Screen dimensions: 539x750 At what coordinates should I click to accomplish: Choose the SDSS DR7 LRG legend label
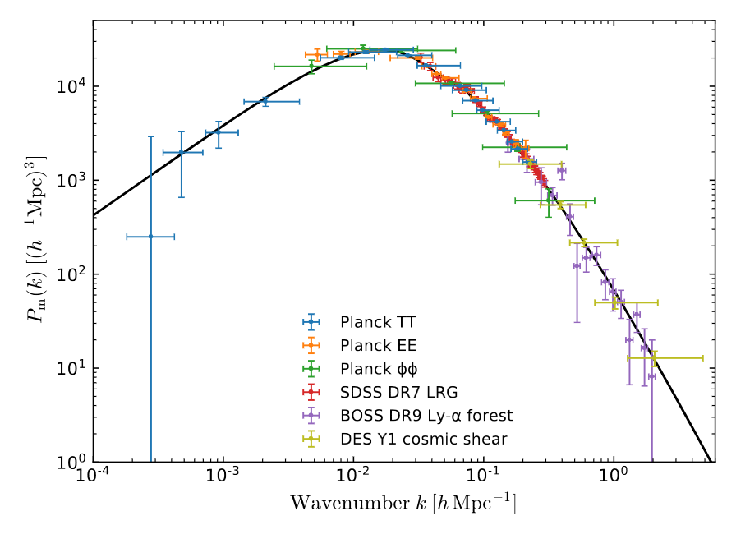click(388, 393)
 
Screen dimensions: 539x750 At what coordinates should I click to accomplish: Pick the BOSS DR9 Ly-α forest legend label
click(426, 417)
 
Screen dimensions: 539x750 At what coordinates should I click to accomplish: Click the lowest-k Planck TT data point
click(150, 237)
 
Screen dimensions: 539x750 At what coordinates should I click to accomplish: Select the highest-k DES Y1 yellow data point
click(654, 358)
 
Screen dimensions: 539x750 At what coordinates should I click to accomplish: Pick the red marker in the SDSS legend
click(311, 393)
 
